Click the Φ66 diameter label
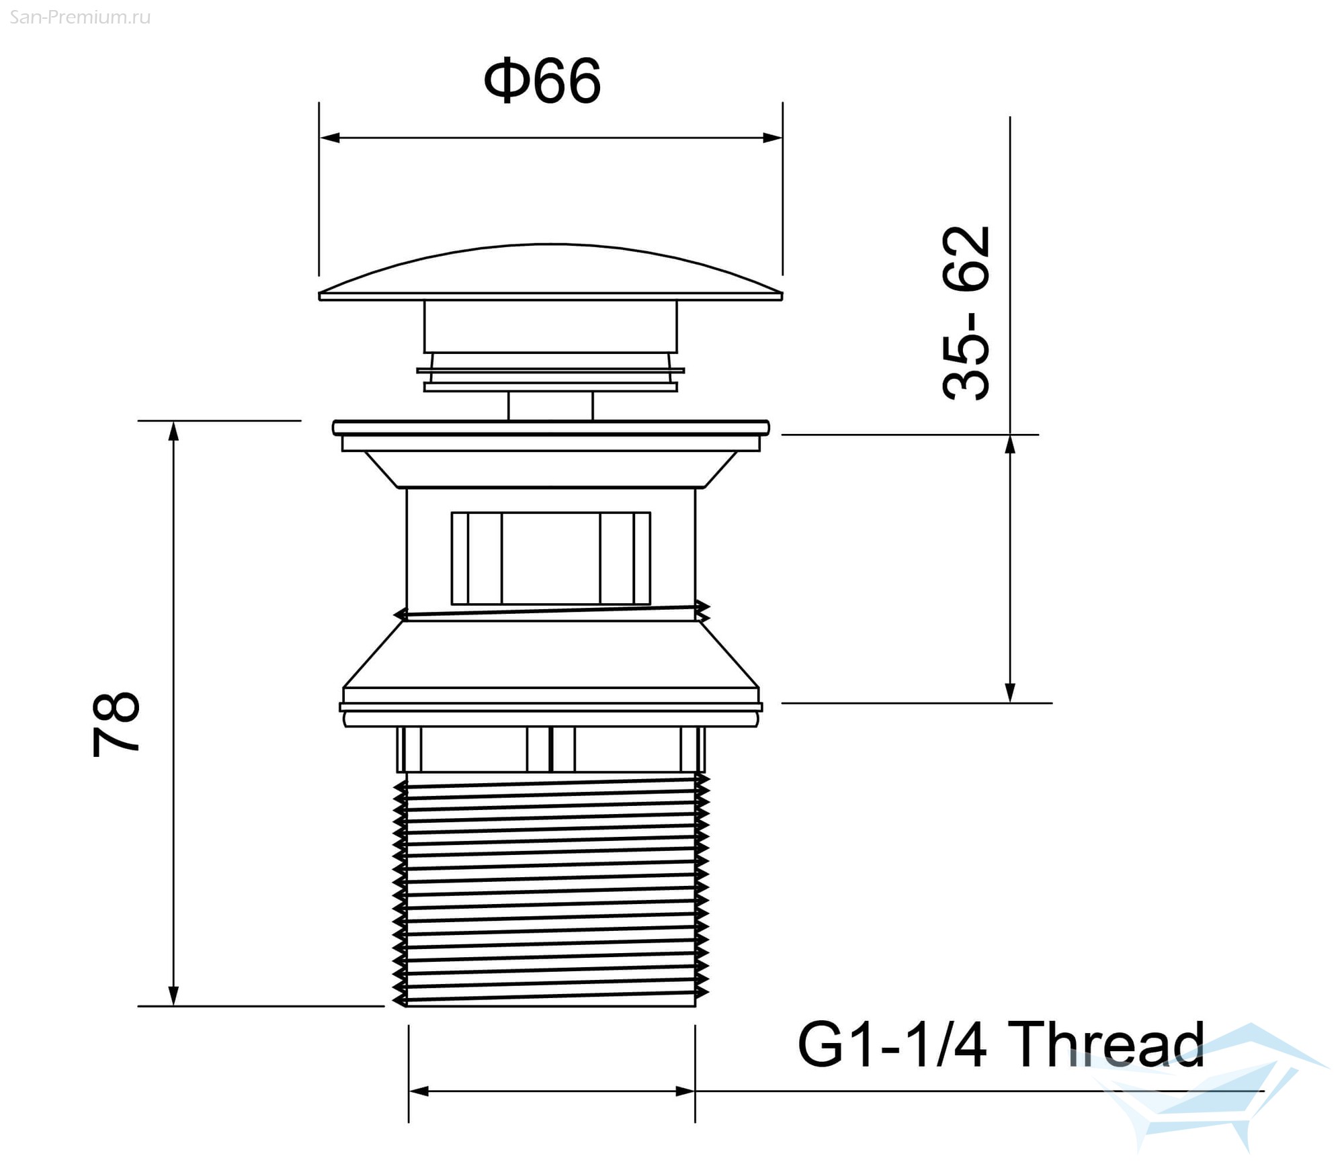click(x=542, y=81)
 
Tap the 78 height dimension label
click(x=116, y=724)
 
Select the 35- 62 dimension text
click(x=966, y=313)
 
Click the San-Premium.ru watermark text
click(x=80, y=17)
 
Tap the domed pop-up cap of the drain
click(x=550, y=272)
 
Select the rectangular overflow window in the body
click(x=550, y=558)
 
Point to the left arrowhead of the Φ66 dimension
click(x=329, y=138)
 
